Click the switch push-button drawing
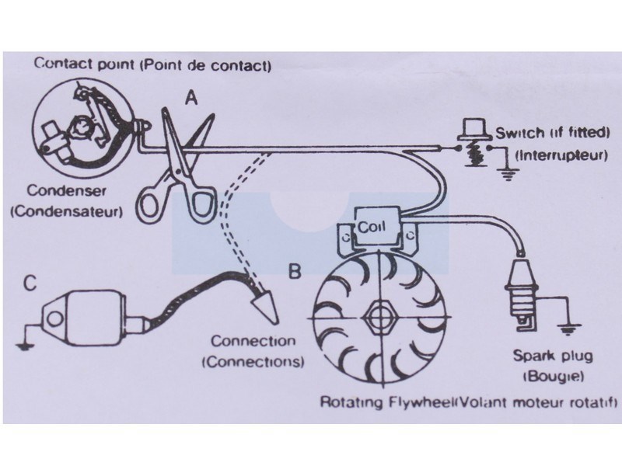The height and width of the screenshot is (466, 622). point(471,140)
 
